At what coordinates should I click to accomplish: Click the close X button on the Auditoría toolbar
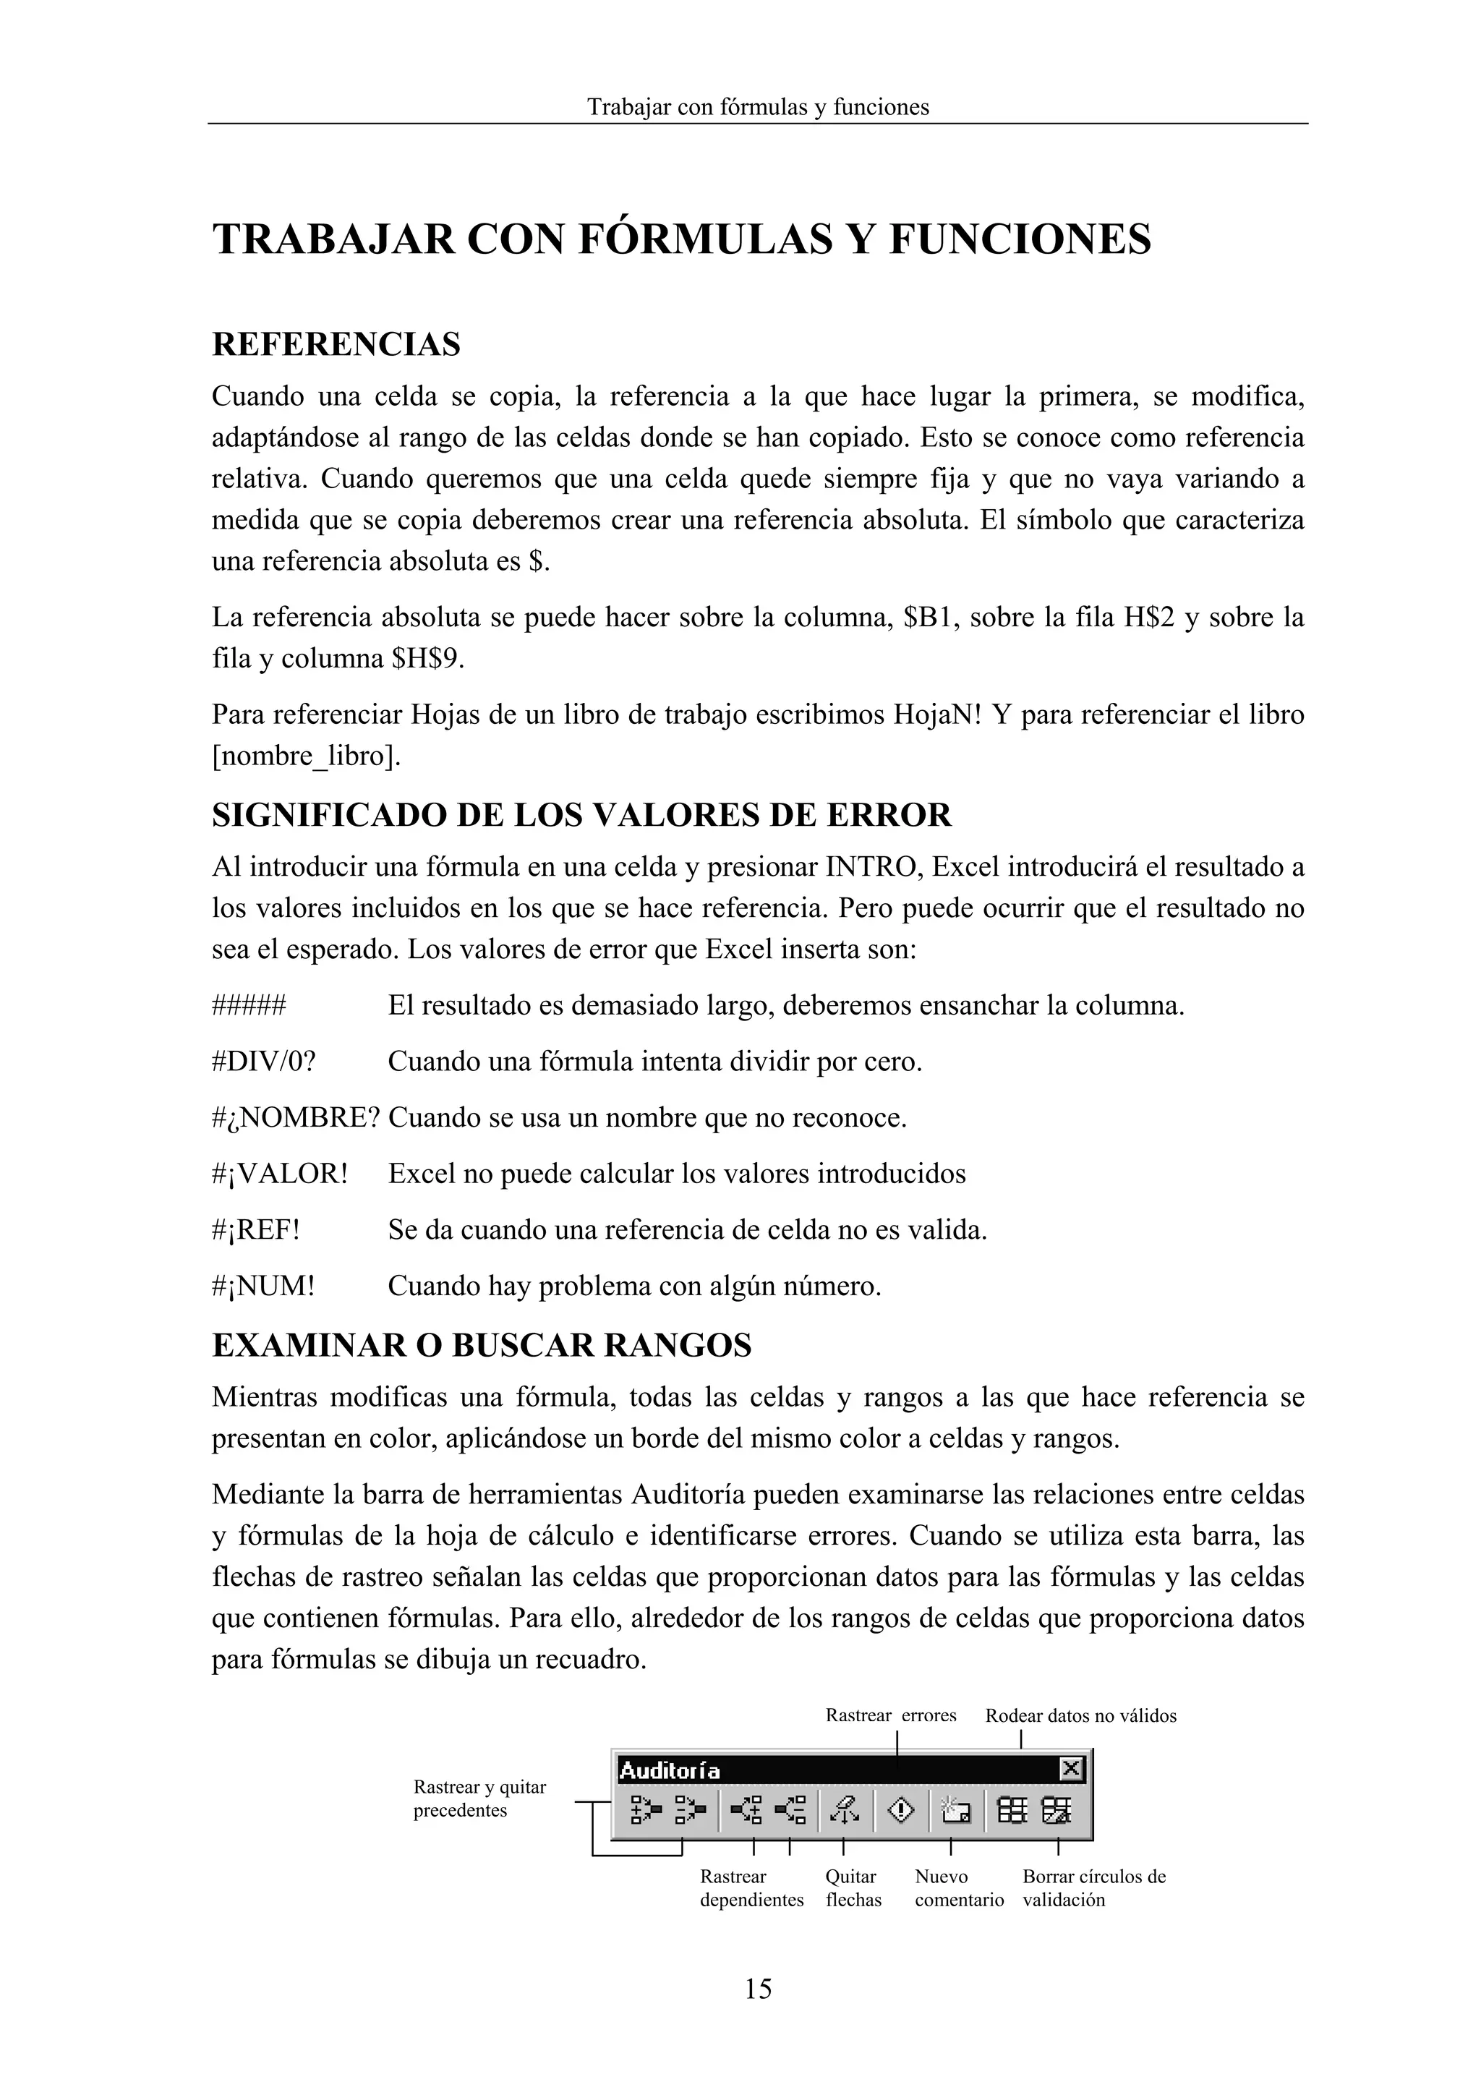click(x=1071, y=1770)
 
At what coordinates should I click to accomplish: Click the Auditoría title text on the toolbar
click(x=669, y=1771)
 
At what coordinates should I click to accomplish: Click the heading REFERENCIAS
click(x=336, y=344)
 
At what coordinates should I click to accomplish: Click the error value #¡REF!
click(x=257, y=1229)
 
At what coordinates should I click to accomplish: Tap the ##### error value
click(x=248, y=1005)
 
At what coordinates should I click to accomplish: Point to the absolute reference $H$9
click(x=427, y=658)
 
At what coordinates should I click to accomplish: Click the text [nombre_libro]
click(x=306, y=756)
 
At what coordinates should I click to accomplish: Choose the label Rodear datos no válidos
click(x=1080, y=1715)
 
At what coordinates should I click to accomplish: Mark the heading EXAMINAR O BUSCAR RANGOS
click(x=481, y=1345)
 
